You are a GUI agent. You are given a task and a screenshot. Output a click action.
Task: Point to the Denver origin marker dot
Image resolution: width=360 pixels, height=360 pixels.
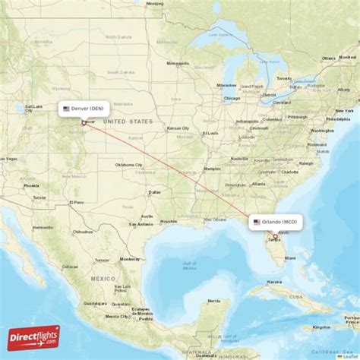(84, 122)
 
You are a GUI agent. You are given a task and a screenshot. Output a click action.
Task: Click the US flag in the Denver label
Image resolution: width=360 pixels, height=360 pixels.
(67, 109)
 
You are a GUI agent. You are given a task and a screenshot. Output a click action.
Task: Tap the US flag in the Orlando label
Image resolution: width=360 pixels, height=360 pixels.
(256, 222)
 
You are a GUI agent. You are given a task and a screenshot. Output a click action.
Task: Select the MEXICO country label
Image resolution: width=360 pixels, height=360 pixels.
(102, 279)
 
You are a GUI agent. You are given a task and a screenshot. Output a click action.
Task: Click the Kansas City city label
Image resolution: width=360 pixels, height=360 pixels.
(178, 128)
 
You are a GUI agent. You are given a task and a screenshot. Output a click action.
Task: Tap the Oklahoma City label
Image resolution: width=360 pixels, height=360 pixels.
(128, 164)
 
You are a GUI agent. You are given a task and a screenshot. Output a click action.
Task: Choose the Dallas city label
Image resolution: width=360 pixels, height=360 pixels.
(155, 192)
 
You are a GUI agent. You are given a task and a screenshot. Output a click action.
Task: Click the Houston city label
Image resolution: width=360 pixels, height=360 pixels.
(168, 221)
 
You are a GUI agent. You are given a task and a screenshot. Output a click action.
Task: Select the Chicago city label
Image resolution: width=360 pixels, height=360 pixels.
(232, 98)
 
